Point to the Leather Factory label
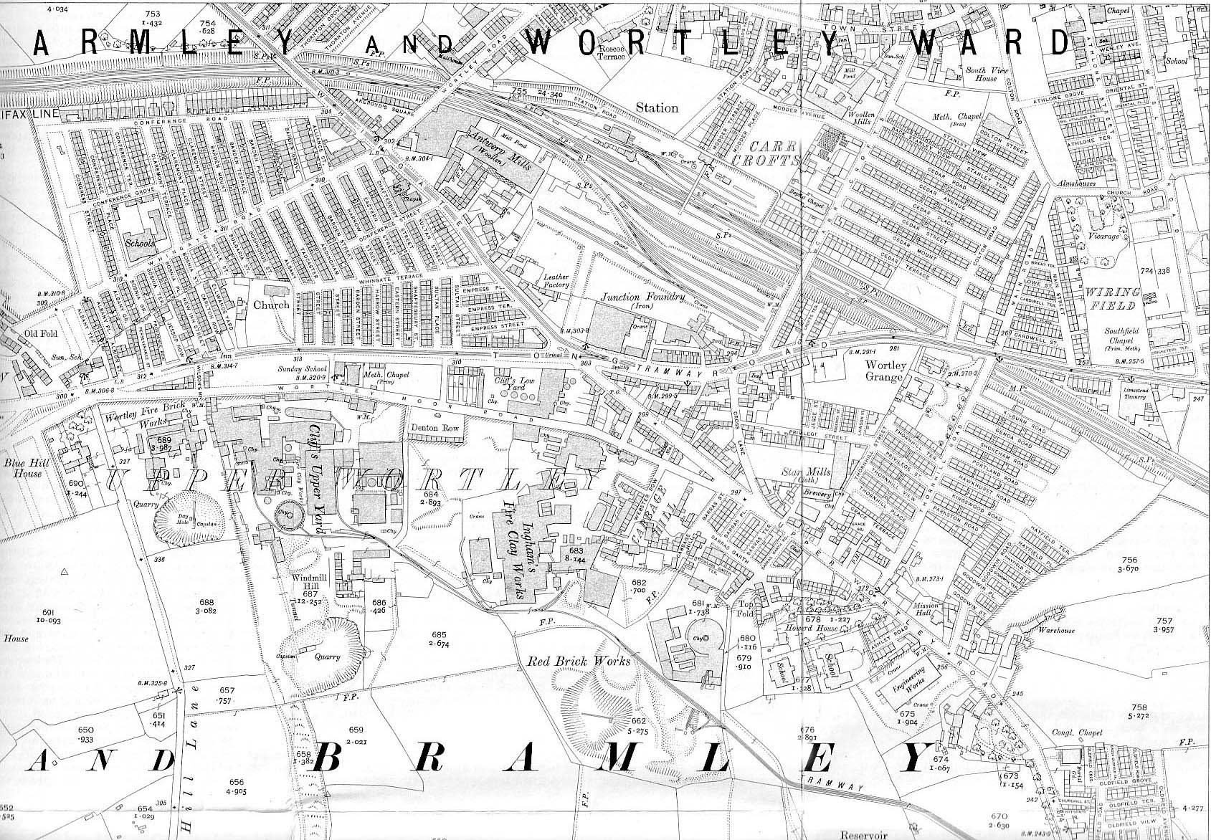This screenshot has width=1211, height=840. click(556, 280)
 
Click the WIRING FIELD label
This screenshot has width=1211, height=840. click(1113, 299)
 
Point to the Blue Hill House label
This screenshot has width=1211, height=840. click(22, 468)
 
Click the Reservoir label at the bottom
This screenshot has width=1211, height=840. click(863, 834)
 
